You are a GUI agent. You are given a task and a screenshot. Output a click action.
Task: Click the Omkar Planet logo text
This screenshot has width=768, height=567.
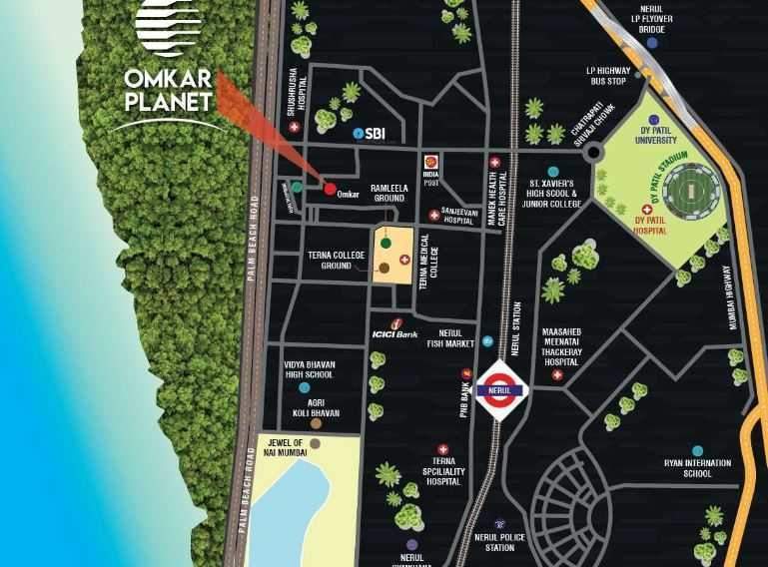pyautogui.click(x=167, y=88)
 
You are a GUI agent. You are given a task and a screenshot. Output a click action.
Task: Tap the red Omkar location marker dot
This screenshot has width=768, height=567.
pyautogui.click(x=329, y=188)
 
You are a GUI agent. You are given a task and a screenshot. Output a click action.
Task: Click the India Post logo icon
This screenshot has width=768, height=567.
pyautogui.click(x=430, y=159)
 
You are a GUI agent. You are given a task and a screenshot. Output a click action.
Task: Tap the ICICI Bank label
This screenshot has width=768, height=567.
pyautogui.click(x=394, y=333)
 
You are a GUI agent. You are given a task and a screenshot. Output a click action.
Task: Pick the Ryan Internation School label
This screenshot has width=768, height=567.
pyautogui.click(x=698, y=468)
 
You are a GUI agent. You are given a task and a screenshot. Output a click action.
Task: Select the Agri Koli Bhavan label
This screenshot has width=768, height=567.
pyautogui.click(x=317, y=406)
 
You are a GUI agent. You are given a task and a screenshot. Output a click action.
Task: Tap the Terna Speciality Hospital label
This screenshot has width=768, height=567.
pyautogui.click(x=438, y=476)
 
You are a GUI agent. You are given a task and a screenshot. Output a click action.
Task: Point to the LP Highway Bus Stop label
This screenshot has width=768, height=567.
pyautogui.click(x=609, y=75)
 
